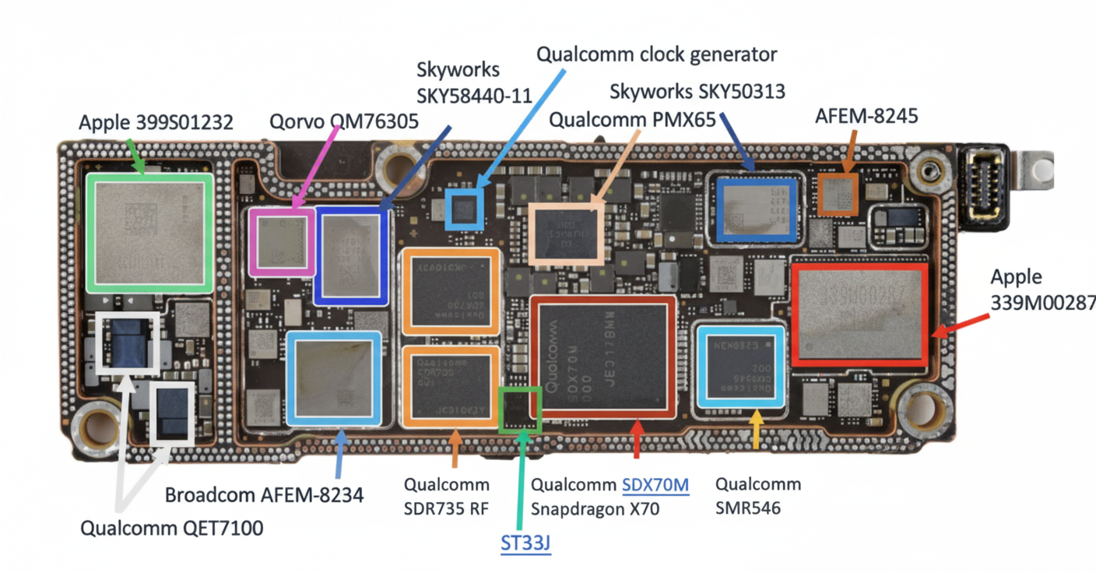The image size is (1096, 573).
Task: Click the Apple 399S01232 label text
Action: tap(156, 122)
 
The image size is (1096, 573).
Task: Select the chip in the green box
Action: tap(149, 232)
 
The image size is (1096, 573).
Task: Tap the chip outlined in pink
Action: tap(282, 242)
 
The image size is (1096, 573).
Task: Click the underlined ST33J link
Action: tap(525, 543)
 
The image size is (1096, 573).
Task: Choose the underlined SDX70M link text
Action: tap(655, 485)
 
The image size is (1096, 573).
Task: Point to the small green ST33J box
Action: tap(519, 410)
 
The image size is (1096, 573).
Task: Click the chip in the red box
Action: tap(859, 315)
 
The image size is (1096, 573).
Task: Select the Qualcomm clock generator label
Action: tap(657, 54)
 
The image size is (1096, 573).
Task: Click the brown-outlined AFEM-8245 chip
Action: tap(838, 194)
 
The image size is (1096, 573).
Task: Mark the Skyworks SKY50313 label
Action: tap(697, 92)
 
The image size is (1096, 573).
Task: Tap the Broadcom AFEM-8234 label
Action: tap(265, 494)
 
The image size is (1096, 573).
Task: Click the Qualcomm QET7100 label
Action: tap(172, 529)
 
